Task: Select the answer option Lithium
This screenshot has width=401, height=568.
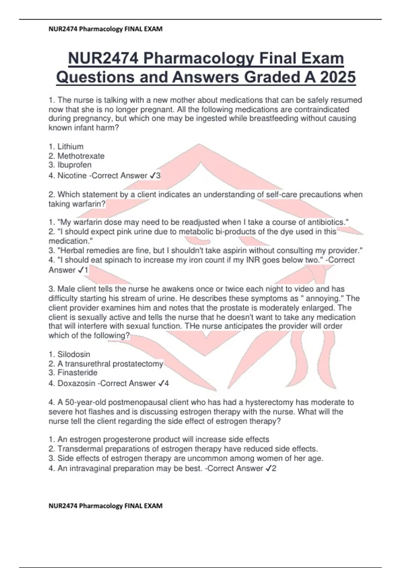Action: [x=71, y=147]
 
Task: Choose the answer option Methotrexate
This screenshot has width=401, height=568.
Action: [x=81, y=156]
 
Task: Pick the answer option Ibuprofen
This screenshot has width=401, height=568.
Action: [x=74, y=165]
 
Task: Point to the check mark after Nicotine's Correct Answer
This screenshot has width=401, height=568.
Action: [x=153, y=176]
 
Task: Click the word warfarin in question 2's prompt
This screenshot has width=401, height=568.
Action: [x=88, y=204]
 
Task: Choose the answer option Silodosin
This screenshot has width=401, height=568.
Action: [x=74, y=354]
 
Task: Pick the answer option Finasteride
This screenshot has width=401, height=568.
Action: [x=78, y=373]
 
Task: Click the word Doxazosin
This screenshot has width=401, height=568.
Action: [x=76, y=384]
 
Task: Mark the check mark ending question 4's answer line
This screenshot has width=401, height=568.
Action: [x=268, y=469]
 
